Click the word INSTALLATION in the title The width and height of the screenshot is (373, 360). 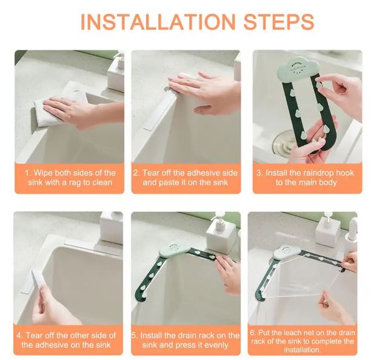point(158,22)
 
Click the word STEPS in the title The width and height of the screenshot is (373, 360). point(278,22)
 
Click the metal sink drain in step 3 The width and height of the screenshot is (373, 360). point(284,142)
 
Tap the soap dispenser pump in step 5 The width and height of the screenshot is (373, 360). point(220,219)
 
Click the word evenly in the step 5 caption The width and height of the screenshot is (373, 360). point(217,345)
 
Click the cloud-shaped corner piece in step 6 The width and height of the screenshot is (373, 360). point(287,253)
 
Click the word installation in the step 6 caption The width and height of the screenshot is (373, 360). point(301,350)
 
